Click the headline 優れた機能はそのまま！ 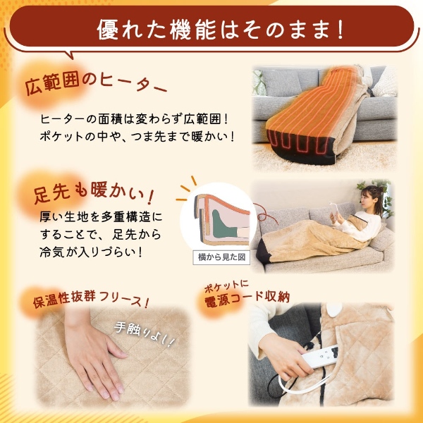(211, 30)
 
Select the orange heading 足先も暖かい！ (95, 192)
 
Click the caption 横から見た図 (221, 258)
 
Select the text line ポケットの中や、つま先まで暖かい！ (137, 135)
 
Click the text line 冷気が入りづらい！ (99, 250)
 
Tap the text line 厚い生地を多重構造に (102, 216)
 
